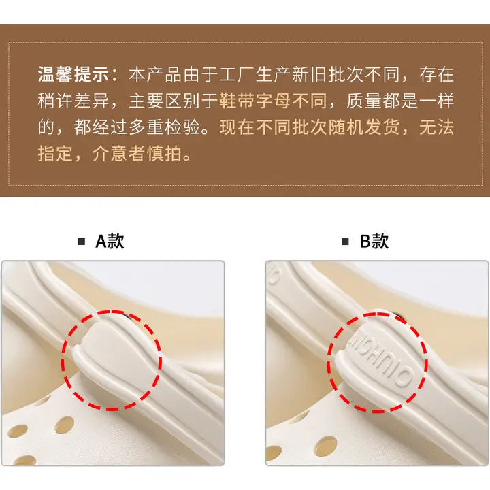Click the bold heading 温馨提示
tap(73, 74)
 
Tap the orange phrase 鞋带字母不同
tap(273, 101)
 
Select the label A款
tap(110, 241)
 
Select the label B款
tap(374, 241)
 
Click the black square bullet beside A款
tap(81, 242)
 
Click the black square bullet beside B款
tap(345, 242)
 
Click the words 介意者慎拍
tap(137, 154)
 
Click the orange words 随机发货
tap(363, 127)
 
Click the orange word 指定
tap(55, 154)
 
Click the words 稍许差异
tap(73, 101)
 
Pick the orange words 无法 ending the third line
tap(436, 127)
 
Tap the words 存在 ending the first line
tap(436, 74)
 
